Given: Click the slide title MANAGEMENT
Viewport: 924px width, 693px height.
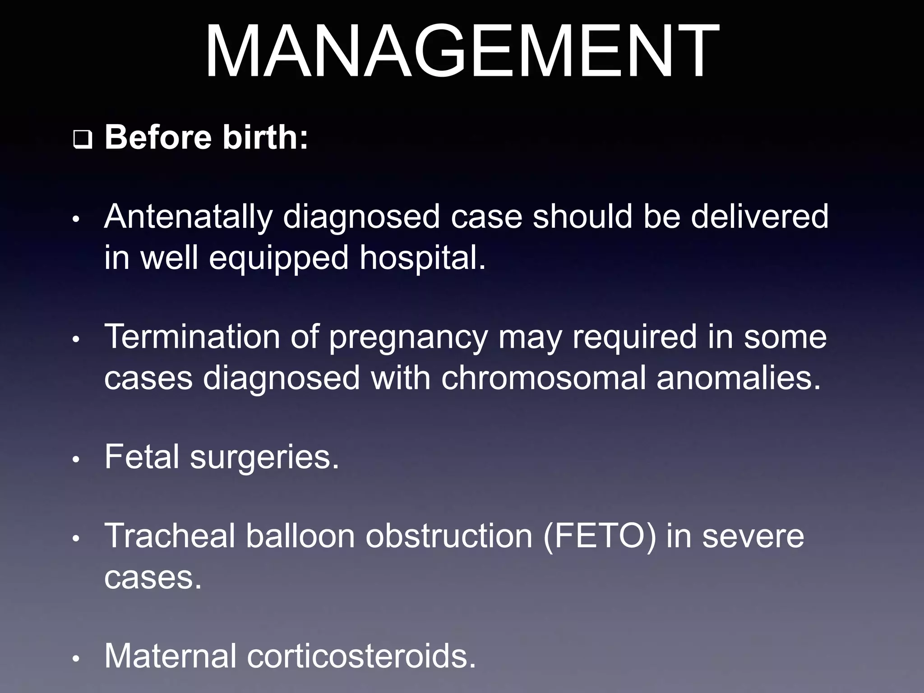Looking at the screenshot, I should (462, 51).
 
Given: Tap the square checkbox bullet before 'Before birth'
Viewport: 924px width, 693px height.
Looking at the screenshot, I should (82, 141).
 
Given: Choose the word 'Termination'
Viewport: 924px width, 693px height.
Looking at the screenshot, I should (192, 337).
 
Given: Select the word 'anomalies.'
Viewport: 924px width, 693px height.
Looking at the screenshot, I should (739, 378).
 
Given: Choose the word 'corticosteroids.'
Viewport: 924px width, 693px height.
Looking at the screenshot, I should (361, 656).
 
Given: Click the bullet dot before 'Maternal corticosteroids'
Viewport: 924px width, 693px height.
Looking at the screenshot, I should (76, 659).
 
